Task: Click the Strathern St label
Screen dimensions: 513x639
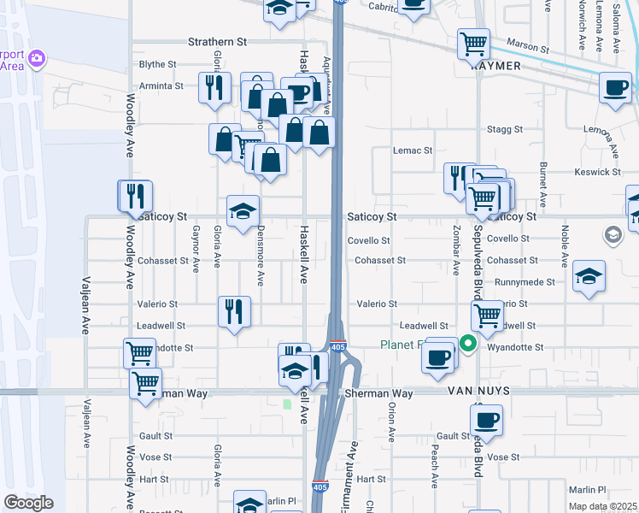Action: [217, 41]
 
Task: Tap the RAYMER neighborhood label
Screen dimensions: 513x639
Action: [495, 66]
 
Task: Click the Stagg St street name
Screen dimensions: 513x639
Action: [504, 129]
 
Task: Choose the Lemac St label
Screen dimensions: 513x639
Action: [413, 150]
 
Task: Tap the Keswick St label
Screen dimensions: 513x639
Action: [598, 172]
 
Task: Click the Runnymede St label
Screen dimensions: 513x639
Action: [528, 281]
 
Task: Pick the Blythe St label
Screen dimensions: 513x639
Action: [157, 64]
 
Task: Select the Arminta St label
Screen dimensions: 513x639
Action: [161, 85]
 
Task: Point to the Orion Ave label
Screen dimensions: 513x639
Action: [391, 421]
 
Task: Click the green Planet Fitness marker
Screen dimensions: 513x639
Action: [467, 345]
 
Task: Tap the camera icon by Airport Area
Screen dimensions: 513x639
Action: [37, 58]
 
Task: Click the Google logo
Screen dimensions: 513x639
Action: [28, 503]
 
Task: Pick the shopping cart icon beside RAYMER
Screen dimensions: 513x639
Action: [473, 43]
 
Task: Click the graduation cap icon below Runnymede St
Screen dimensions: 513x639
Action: [589, 275]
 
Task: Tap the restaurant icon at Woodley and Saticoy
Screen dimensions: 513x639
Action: [135, 195]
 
